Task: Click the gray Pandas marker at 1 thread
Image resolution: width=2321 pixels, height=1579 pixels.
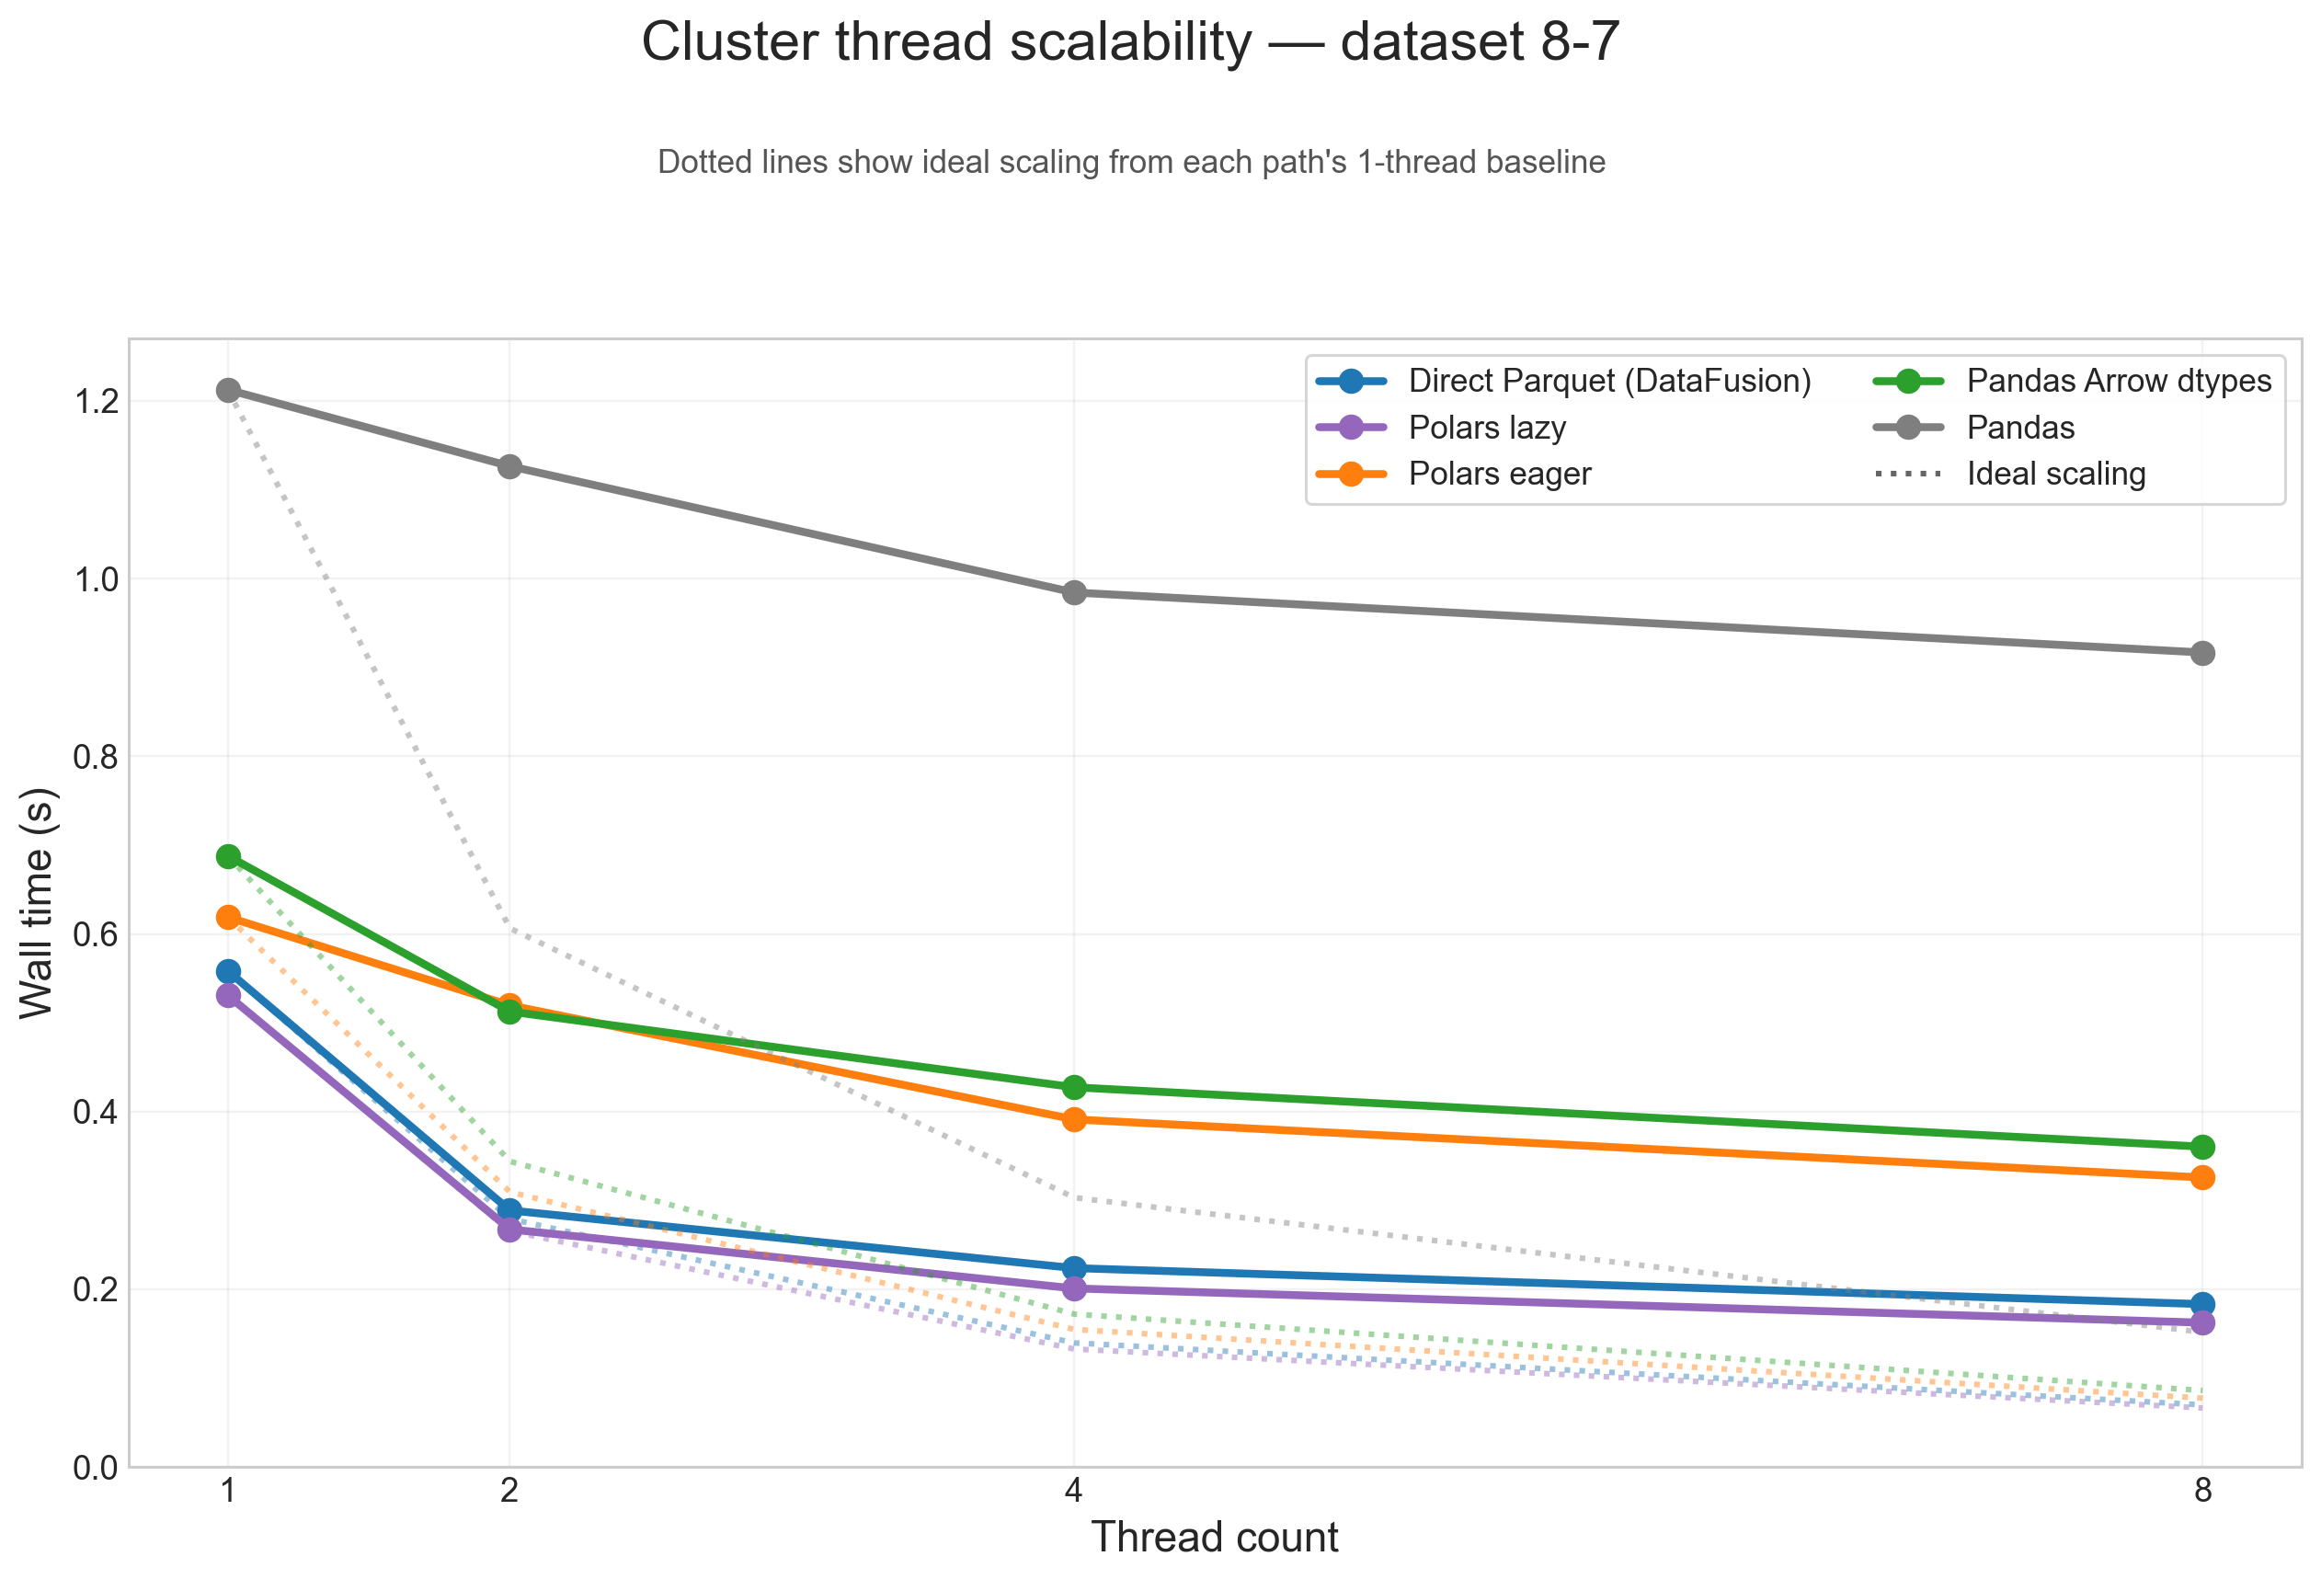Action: pyautogui.click(x=229, y=390)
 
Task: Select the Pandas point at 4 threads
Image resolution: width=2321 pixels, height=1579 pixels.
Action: pyautogui.click(x=1074, y=592)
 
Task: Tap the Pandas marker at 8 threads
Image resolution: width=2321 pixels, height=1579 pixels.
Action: pyautogui.click(x=2202, y=653)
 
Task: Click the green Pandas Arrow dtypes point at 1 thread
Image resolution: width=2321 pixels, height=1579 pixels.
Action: pyautogui.click(x=229, y=856)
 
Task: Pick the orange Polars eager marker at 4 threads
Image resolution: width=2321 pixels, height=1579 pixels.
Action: pyautogui.click(x=1074, y=1119)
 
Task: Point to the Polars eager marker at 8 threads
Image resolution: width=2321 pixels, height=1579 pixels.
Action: pyautogui.click(x=2202, y=1177)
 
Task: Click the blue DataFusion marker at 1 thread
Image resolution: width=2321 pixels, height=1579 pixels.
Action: pyautogui.click(x=229, y=971)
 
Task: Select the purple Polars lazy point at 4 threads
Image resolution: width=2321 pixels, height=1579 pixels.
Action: pyautogui.click(x=1074, y=1288)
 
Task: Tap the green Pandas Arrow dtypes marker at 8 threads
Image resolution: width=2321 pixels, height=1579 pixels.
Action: pyautogui.click(x=2202, y=1147)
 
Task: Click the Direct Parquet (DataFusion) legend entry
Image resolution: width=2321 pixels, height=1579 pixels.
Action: pyautogui.click(x=1609, y=381)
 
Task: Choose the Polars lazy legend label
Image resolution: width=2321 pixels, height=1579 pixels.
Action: pyautogui.click(x=1486, y=428)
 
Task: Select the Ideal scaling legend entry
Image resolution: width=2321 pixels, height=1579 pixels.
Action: pyautogui.click(x=2055, y=474)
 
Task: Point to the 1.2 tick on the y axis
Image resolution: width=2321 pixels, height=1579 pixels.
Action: pyautogui.click(x=96, y=402)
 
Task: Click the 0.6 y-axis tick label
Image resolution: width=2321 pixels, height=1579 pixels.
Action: pyautogui.click(x=96, y=935)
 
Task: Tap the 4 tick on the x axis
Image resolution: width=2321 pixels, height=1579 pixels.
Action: pyautogui.click(x=1074, y=1491)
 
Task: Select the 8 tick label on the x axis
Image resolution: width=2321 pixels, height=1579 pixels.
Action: pyautogui.click(x=2202, y=1491)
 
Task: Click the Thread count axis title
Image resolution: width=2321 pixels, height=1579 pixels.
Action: pyautogui.click(x=1215, y=1537)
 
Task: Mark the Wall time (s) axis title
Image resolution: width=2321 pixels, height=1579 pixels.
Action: pyautogui.click(x=37, y=904)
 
